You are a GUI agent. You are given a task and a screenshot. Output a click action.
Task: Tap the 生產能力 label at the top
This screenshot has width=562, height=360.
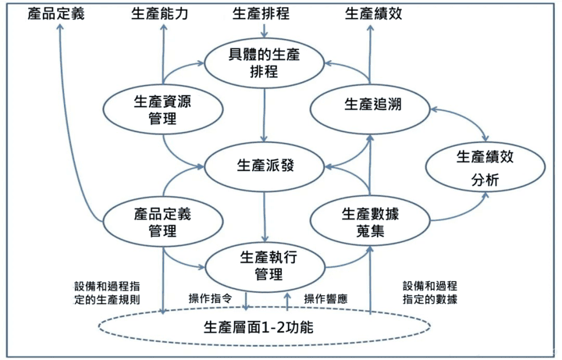tap(162, 13)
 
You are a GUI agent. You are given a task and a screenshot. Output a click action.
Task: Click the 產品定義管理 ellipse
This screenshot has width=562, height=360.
tap(162, 222)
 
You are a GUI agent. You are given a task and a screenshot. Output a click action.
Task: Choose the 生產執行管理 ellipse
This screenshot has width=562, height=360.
tap(264, 266)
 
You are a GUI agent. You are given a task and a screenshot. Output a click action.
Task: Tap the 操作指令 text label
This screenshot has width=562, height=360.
tap(212, 298)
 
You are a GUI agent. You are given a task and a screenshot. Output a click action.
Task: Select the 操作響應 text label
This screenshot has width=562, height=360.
tap(326, 298)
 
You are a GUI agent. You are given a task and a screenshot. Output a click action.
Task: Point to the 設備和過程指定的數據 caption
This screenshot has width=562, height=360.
tap(430, 292)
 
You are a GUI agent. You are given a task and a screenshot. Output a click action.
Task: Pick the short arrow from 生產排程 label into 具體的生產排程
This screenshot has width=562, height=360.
tap(264, 30)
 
